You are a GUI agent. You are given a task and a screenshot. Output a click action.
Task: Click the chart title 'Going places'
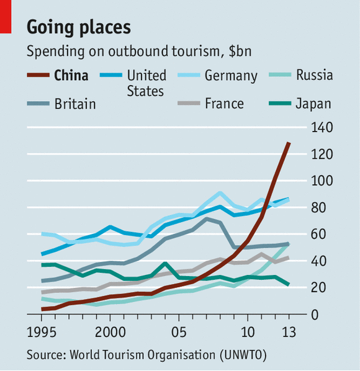[78, 27]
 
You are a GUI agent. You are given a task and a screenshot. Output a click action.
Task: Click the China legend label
[71, 76]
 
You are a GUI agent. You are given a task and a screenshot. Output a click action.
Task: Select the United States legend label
[146, 83]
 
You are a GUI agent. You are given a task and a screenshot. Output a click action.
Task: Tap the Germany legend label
[230, 76]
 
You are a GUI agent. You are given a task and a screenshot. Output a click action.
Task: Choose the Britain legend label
[75, 104]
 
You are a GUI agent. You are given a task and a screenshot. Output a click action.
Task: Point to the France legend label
[224, 104]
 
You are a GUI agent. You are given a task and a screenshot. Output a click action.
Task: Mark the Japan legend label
[313, 104]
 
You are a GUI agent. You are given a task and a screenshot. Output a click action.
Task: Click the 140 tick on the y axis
[323, 127]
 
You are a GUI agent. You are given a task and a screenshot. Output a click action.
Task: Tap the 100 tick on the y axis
[323, 181]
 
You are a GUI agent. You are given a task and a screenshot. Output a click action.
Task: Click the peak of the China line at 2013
[289, 143]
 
